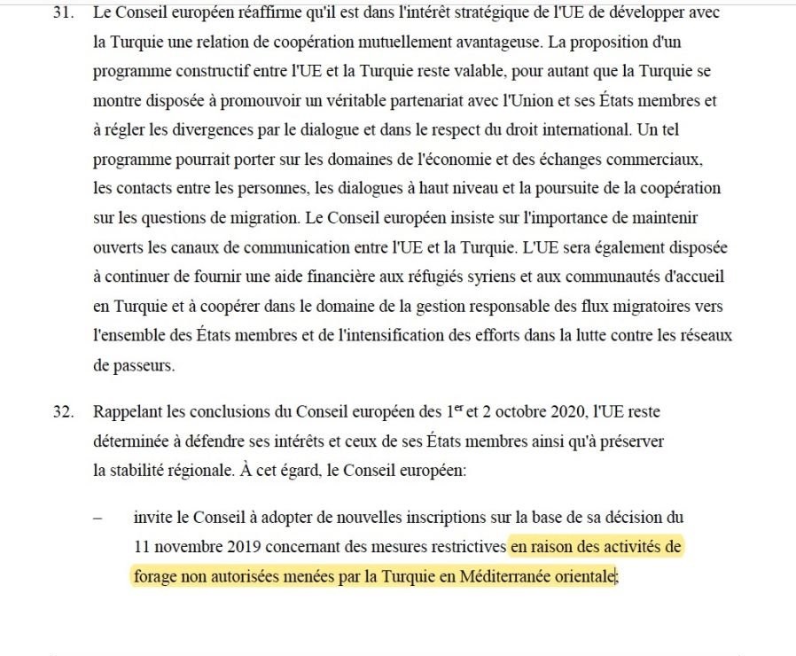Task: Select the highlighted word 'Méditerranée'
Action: pyautogui.click(x=502, y=576)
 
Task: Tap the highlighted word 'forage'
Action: pyautogui.click(x=154, y=576)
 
